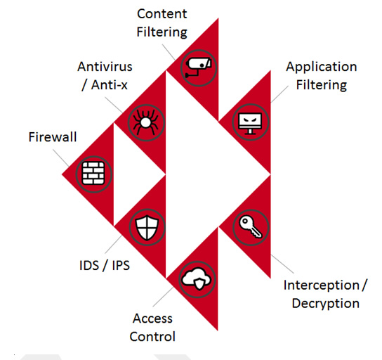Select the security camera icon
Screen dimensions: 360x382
pos(198,67)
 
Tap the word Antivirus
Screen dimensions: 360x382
pos(105,67)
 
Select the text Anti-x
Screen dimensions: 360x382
pos(110,84)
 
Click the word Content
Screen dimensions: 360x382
pos(162,14)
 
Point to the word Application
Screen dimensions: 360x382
pos(321,67)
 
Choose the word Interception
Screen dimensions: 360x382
pos(321,285)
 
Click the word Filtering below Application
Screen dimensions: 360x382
pos(321,85)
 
